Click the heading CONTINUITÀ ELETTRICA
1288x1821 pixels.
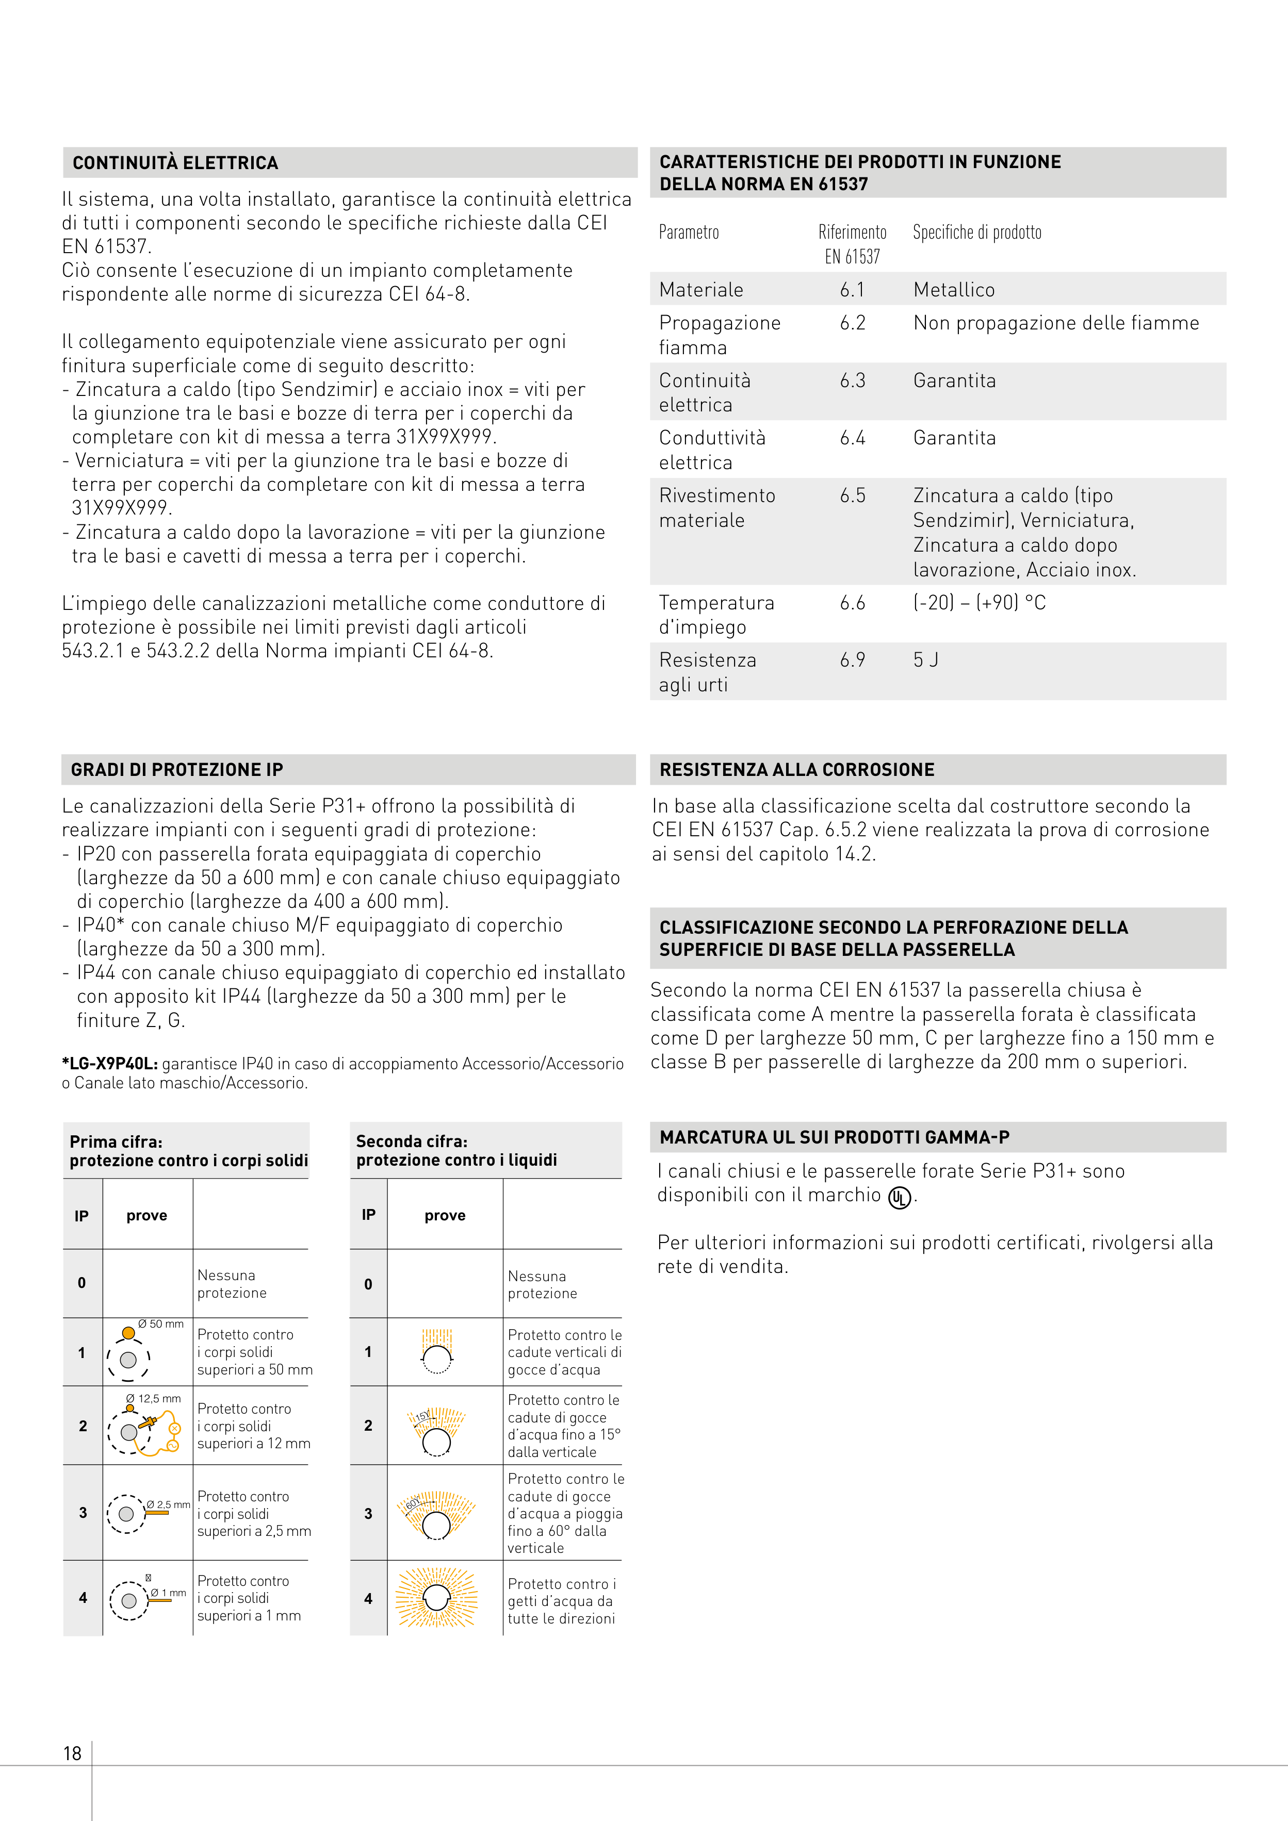click(x=175, y=162)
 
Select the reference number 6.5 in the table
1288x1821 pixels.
click(x=852, y=495)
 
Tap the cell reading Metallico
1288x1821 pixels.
click(x=954, y=290)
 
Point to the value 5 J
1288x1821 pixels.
click(x=925, y=660)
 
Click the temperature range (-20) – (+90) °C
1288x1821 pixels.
click(x=980, y=603)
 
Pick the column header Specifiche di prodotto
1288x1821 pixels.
click(x=977, y=233)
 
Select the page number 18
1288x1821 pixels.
click(x=72, y=1753)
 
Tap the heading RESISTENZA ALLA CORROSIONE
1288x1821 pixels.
click(x=797, y=769)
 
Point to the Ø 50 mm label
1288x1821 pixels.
click(x=160, y=1323)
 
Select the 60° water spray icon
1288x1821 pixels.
click(x=436, y=1515)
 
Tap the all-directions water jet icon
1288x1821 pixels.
click(x=436, y=1598)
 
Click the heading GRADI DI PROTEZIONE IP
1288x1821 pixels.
click(x=177, y=769)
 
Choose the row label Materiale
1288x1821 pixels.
click(x=701, y=290)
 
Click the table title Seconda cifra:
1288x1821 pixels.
click(x=411, y=1141)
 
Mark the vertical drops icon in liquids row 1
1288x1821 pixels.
click(x=436, y=1351)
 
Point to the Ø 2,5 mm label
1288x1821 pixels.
click(x=168, y=1504)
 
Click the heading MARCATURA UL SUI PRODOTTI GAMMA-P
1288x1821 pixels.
click(x=834, y=1137)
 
